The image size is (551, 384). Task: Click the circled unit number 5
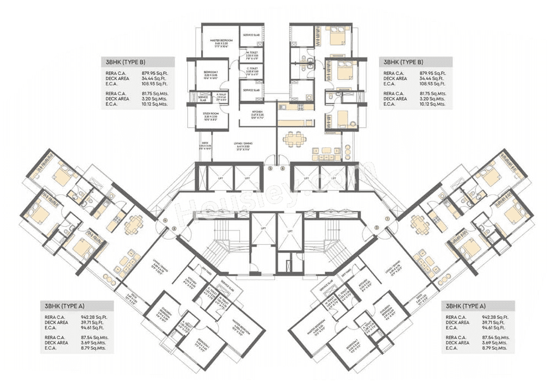pyautogui.click(x=270, y=169)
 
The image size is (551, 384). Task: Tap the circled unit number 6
pyautogui.click(x=283, y=169)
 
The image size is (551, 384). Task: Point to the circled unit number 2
pyautogui.click(x=377, y=227)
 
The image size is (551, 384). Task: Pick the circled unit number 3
pyautogui.click(x=174, y=227)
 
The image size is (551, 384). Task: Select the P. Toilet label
pyautogui.click(x=222, y=96)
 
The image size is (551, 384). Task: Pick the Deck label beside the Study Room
pyautogui.click(x=206, y=146)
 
